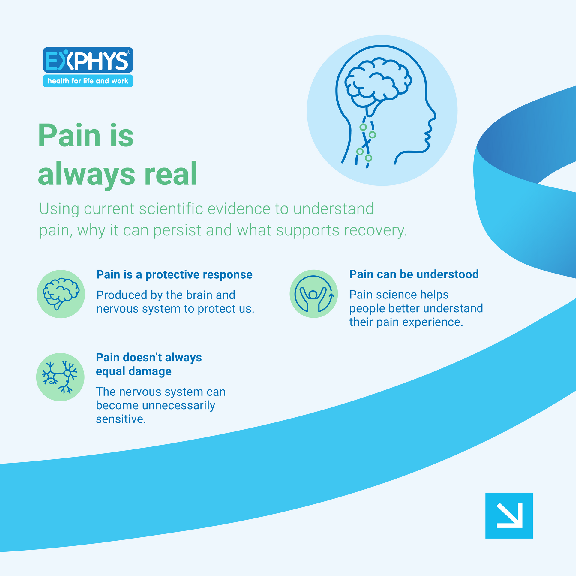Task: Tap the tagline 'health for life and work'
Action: click(x=88, y=81)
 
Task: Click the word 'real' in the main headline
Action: click(x=171, y=173)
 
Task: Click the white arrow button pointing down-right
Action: click(x=509, y=515)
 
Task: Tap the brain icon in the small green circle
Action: click(x=61, y=294)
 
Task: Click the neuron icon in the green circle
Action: click(x=60, y=377)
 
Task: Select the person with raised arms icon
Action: click(x=313, y=294)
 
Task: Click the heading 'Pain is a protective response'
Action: click(x=174, y=275)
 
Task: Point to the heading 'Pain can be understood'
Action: click(x=414, y=274)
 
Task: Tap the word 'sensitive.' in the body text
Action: click(x=121, y=419)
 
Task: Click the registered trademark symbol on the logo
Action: click(x=128, y=53)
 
